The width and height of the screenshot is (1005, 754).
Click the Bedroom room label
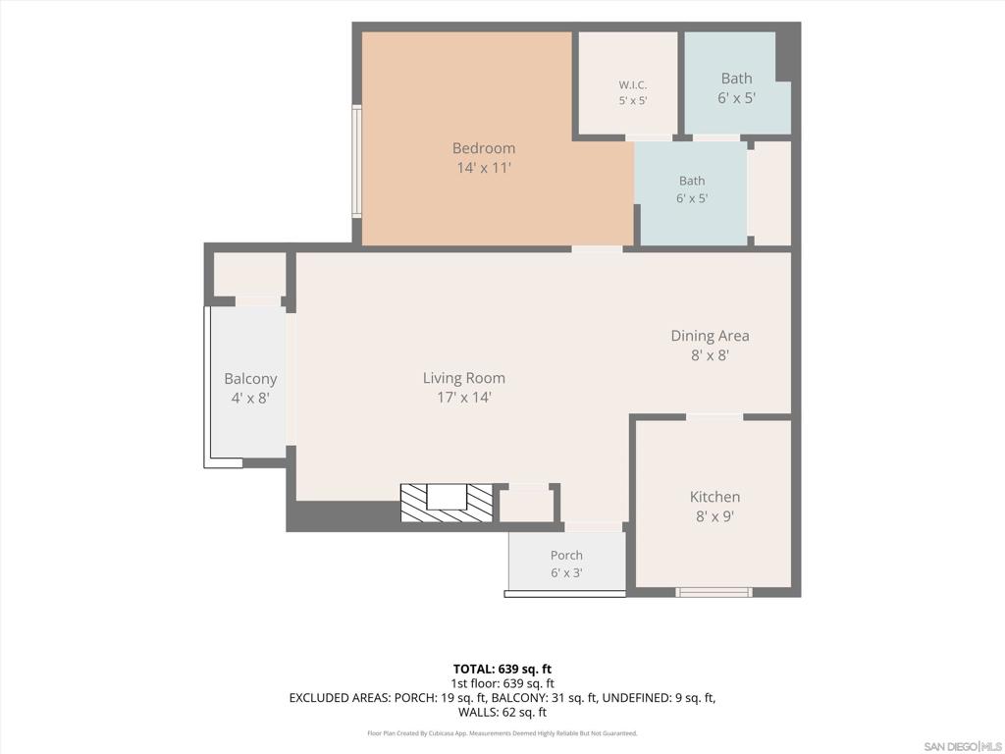[x=484, y=148]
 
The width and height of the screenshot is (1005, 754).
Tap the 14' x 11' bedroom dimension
[x=484, y=168]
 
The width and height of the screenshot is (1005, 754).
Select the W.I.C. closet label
[x=633, y=84]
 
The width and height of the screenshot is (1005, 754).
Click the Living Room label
[x=464, y=378]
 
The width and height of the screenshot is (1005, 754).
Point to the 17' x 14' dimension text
[x=464, y=398]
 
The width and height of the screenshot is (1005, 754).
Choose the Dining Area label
[x=711, y=336]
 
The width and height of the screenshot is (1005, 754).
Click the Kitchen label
[x=714, y=497]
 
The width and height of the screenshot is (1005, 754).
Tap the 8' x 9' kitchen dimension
[x=714, y=516]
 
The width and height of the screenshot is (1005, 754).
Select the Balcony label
[x=250, y=379]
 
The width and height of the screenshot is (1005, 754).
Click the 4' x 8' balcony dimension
[x=250, y=399]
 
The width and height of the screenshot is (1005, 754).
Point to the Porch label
[x=566, y=556]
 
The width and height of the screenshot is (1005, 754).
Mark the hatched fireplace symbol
[x=447, y=503]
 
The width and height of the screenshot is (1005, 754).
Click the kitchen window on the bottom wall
[x=714, y=592]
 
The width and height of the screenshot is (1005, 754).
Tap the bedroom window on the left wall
[x=356, y=162]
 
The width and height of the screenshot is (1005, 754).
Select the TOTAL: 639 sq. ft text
[x=502, y=670]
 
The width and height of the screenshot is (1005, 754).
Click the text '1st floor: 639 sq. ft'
[x=502, y=683]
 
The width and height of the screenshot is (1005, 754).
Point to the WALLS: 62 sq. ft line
[x=502, y=712]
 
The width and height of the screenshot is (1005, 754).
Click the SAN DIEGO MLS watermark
[x=963, y=747]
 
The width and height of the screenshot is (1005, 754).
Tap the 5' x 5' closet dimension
[x=633, y=101]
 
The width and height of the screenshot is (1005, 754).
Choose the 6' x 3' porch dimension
[x=566, y=572]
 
